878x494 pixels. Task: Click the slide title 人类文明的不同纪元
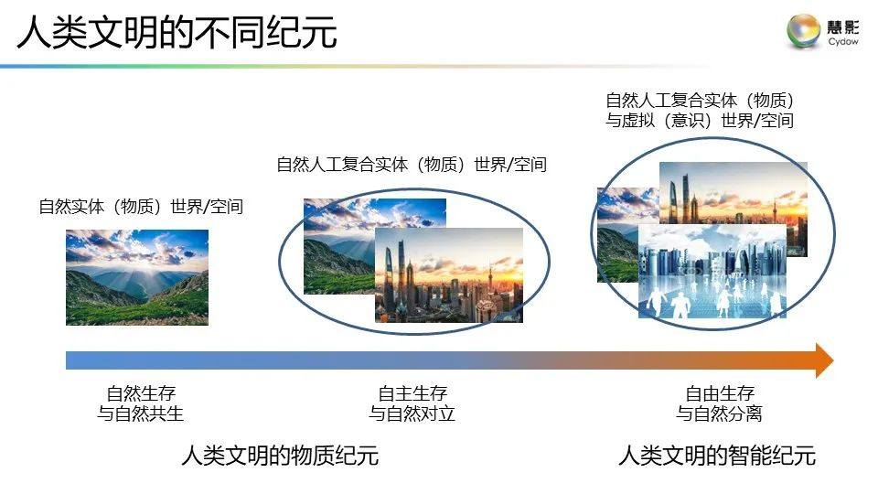(177, 33)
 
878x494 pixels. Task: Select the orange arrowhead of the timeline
(823, 360)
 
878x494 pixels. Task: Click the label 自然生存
(141, 394)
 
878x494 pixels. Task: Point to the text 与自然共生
(141, 413)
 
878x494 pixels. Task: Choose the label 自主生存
(412, 394)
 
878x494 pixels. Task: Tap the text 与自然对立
(412, 413)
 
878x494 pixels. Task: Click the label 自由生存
(720, 394)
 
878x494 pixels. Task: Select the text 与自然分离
(720, 413)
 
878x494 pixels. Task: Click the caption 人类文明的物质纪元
(280, 455)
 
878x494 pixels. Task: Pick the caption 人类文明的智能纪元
(717, 455)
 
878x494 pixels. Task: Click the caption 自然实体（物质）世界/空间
(141, 207)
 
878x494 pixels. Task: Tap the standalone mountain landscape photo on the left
(137, 276)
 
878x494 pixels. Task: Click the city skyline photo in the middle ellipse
(449, 274)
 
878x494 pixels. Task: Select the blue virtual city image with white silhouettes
(712, 272)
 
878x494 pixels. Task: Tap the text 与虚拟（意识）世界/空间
(699, 121)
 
